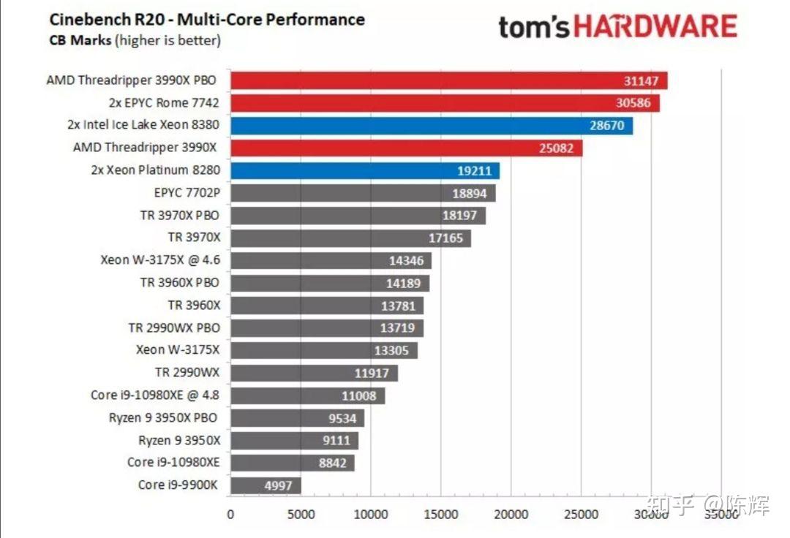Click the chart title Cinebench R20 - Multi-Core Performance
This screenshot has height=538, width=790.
click(206, 19)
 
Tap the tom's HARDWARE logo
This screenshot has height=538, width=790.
click(618, 27)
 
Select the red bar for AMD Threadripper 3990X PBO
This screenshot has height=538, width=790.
click(448, 80)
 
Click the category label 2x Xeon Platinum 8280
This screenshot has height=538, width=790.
click(151, 170)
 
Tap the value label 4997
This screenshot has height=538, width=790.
click(278, 485)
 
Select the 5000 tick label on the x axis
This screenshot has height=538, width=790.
click(301, 514)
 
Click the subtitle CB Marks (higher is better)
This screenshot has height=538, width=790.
click(135, 40)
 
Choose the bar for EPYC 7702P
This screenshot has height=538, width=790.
click(362, 193)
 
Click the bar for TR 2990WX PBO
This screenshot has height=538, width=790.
click(326, 327)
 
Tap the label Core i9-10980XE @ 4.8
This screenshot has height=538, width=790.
click(155, 395)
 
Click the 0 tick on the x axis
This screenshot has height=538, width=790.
click(230, 514)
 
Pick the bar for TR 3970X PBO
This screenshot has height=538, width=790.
click(357, 215)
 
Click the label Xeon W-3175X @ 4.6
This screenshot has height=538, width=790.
click(159, 260)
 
